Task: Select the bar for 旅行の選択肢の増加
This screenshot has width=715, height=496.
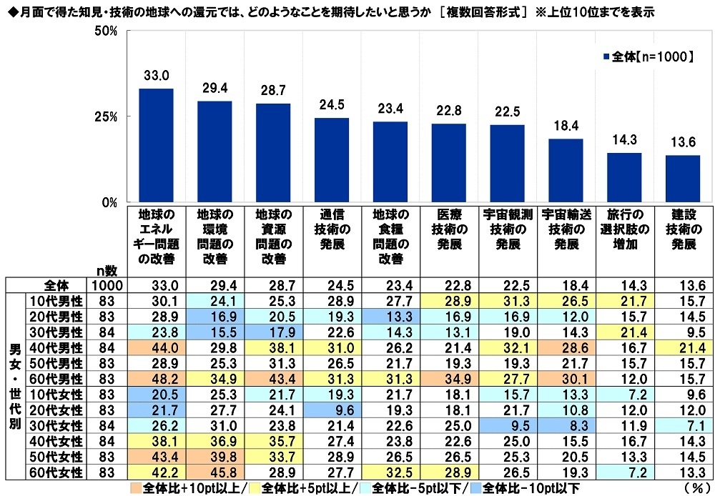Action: coord(624,177)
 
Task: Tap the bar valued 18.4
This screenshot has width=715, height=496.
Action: coord(566,170)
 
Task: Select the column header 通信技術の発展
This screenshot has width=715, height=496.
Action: coord(331,229)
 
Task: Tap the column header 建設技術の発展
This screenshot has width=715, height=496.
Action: coord(683,229)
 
